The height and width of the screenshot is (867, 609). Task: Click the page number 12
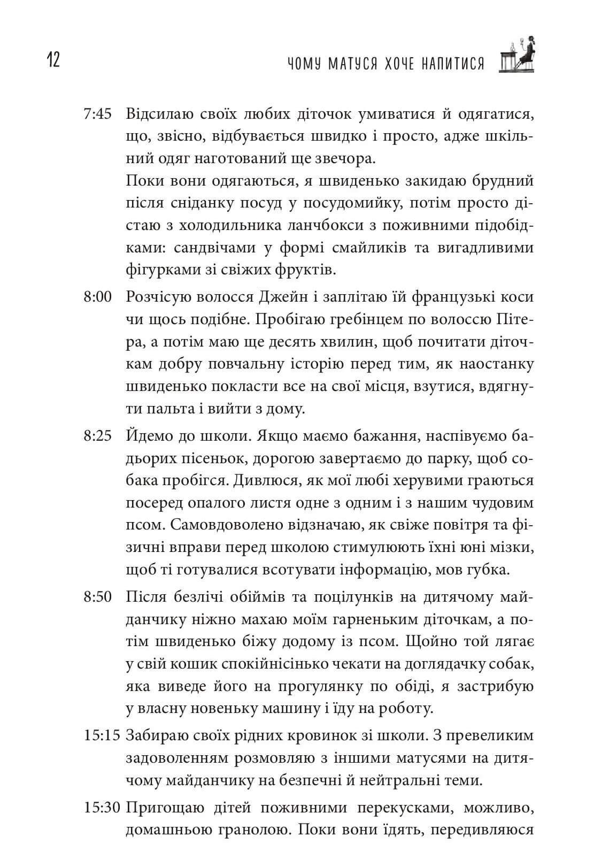point(53,60)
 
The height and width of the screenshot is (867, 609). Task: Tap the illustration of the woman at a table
point(517,55)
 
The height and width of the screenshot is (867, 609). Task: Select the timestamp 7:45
point(97,114)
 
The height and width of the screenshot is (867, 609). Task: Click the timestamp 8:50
point(97,596)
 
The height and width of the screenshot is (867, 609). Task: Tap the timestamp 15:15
point(103,735)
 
